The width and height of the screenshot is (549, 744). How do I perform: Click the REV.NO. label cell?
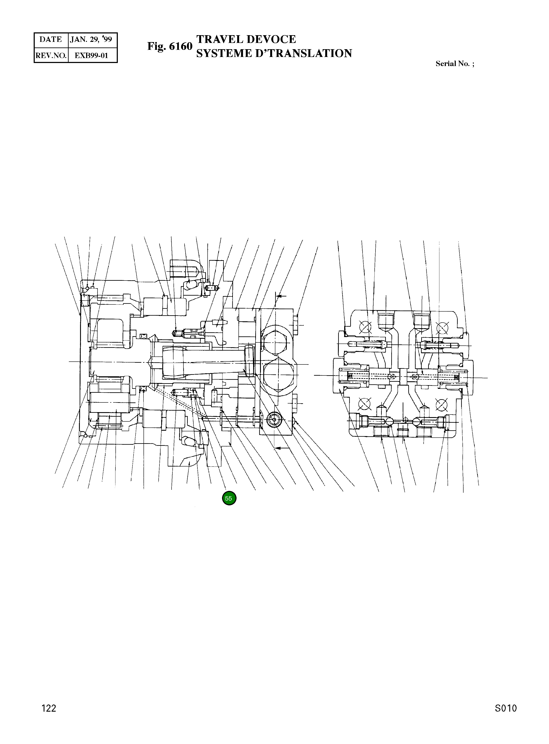tap(51, 55)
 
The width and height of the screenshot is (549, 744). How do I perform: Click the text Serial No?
tap(452, 64)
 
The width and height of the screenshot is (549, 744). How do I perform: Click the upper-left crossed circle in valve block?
tap(365, 327)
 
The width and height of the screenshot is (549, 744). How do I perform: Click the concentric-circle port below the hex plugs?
tap(274, 420)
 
